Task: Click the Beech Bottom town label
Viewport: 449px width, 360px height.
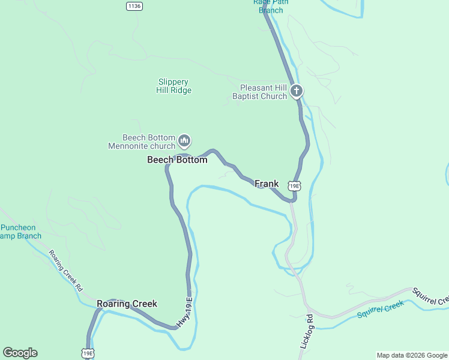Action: coord(177,160)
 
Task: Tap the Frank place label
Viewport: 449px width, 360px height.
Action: coord(267,184)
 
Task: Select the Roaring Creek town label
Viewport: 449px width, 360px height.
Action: coord(127,304)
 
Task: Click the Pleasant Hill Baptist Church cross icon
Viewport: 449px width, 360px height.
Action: coord(296,91)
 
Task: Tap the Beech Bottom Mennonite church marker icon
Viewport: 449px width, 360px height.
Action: coord(184,141)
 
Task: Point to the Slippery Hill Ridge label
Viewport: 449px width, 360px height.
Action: coord(173,86)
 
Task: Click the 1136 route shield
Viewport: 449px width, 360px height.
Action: coord(134,6)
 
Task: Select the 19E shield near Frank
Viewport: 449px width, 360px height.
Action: coord(294,186)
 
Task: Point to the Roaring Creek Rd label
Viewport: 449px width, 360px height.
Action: coord(66,271)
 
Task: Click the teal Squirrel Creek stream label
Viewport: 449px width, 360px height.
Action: coord(381,310)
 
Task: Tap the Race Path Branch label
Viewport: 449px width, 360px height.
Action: coord(270,6)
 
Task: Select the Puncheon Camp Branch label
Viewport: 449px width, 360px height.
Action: coord(21,232)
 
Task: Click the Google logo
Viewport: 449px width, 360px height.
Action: coord(20,353)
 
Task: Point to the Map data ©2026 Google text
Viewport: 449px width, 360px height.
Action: coord(412,355)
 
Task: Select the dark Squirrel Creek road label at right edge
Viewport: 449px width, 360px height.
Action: coord(430,296)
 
